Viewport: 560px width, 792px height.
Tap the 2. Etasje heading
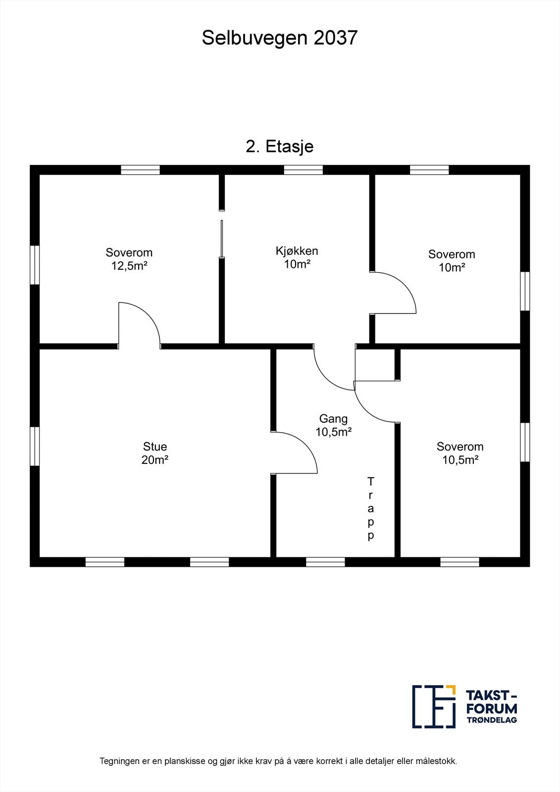(x=280, y=147)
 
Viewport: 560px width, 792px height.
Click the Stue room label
(x=155, y=446)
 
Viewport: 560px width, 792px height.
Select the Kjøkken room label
(x=297, y=251)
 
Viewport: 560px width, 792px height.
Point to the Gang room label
(x=333, y=419)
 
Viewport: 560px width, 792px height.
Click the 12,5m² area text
(x=129, y=266)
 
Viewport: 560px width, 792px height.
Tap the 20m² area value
(x=155, y=460)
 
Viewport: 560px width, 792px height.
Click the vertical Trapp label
(x=370, y=508)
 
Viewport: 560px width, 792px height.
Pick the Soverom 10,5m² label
(x=460, y=453)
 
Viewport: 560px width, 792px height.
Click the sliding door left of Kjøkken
(x=222, y=239)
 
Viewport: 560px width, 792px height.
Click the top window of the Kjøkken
(x=303, y=170)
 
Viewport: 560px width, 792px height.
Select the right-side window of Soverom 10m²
(x=525, y=291)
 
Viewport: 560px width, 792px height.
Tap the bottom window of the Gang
(x=325, y=562)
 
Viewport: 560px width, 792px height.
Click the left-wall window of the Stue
(x=35, y=446)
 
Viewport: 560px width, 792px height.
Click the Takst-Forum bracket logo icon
(x=434, y=706)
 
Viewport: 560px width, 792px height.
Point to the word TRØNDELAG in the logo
(x=492, y=720)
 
